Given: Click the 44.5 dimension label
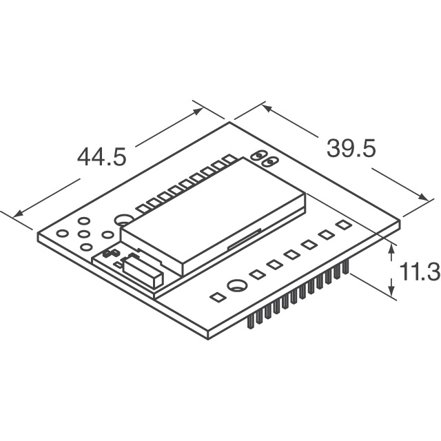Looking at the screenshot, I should coord(101,156).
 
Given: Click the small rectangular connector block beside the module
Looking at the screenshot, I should coord(143,271).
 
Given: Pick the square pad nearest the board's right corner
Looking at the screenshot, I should coord(342,225).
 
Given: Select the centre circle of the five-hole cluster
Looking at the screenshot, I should coord(85,234).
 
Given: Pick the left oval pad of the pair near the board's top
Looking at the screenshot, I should coord(259,156).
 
